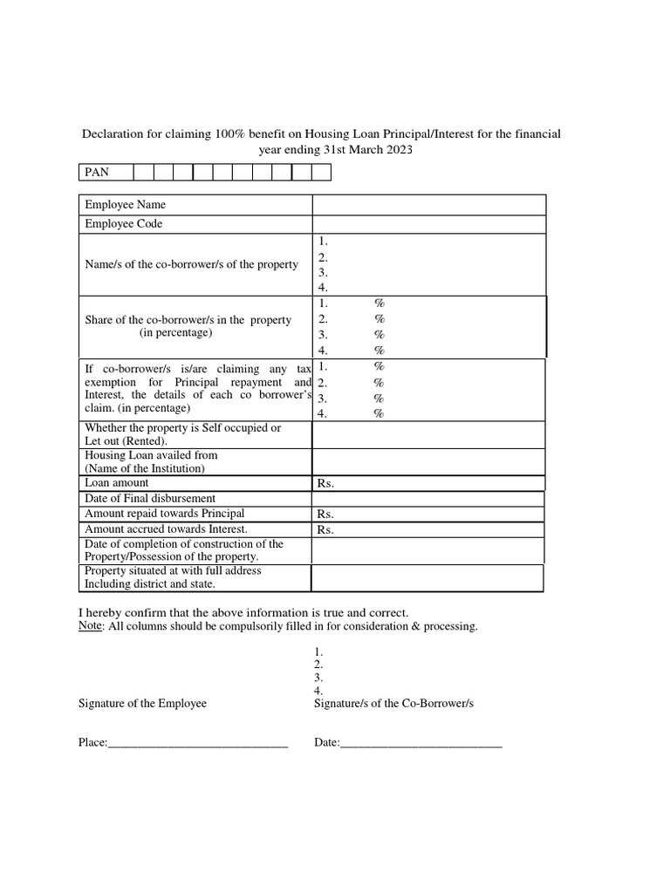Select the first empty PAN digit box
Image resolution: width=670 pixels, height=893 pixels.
[x=143, y=173]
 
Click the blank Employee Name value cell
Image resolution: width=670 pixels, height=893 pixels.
[x=429, y=205]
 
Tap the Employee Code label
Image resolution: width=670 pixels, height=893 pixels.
[x=124, y=224]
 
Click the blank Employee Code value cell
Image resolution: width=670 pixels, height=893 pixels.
[x=429, y=224]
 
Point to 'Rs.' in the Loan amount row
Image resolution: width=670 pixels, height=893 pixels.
[x=326, y=484]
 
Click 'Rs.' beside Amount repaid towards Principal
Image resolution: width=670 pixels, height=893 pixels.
[x=326, y=515]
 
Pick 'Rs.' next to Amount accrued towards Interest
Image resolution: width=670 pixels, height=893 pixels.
[x=326, y=530]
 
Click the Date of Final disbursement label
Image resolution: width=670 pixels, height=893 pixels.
[x=150, y=499]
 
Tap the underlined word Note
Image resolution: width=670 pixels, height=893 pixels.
[x=90, y=627]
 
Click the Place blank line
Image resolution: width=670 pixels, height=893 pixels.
[x=198, y=744]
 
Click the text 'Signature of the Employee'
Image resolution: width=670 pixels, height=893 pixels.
[x=143, y=703]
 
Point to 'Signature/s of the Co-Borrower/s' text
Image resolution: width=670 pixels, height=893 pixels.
[x=393, y=703]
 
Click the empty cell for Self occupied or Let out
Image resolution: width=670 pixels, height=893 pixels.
[x=429, y=435]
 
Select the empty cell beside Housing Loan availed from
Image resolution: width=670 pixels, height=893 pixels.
[x=429, y=461]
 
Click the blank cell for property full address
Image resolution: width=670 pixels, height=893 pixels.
[x=427, y=577]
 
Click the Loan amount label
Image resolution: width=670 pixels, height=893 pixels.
[x=117, y=483]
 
